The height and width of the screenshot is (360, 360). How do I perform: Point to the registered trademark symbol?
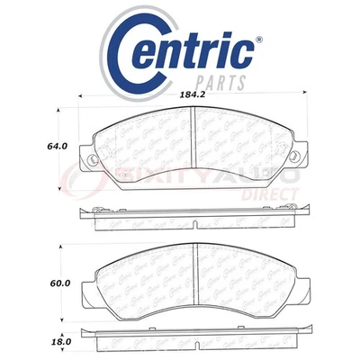(259, 40)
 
